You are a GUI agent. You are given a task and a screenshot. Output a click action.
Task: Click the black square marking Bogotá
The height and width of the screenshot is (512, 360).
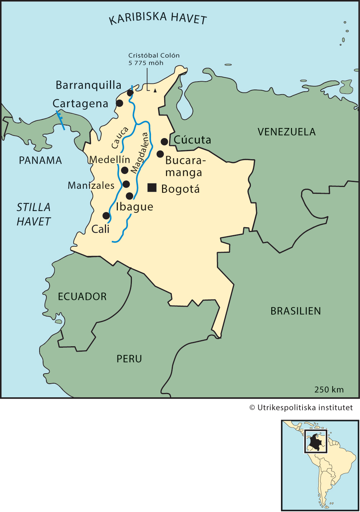152,187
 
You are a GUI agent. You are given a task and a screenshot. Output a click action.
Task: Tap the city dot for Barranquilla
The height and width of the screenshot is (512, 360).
130,93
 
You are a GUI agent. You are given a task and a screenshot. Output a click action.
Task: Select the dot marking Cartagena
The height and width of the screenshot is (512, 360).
120,103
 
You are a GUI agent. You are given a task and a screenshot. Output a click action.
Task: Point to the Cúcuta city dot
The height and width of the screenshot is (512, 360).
164,141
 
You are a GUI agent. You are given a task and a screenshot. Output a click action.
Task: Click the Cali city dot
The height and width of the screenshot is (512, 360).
106,215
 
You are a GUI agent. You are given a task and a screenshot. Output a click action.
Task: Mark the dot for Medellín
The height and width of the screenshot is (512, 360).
125,170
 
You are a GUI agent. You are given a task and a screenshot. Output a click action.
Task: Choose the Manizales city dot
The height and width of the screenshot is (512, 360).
126,184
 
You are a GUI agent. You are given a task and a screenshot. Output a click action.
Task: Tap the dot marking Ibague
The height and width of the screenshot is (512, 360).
129,196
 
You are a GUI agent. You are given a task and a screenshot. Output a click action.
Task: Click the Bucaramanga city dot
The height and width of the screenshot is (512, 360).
160,154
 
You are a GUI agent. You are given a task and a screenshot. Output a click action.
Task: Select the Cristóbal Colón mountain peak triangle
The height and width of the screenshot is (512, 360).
155,91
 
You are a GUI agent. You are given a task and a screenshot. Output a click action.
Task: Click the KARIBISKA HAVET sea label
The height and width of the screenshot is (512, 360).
158,18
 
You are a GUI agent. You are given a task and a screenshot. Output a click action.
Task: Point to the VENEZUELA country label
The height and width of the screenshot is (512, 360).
286,132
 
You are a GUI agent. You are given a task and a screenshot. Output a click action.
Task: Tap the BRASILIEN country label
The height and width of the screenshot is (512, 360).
295,311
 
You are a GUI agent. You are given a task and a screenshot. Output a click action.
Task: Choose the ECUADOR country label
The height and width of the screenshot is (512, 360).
82,297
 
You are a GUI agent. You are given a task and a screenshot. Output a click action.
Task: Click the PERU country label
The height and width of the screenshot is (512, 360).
129,359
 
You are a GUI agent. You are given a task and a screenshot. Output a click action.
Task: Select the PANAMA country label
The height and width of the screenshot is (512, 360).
40,160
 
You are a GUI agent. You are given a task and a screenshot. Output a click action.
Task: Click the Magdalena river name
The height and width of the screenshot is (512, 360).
140,153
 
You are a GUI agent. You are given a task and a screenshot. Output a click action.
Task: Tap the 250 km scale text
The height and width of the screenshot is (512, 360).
329,389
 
